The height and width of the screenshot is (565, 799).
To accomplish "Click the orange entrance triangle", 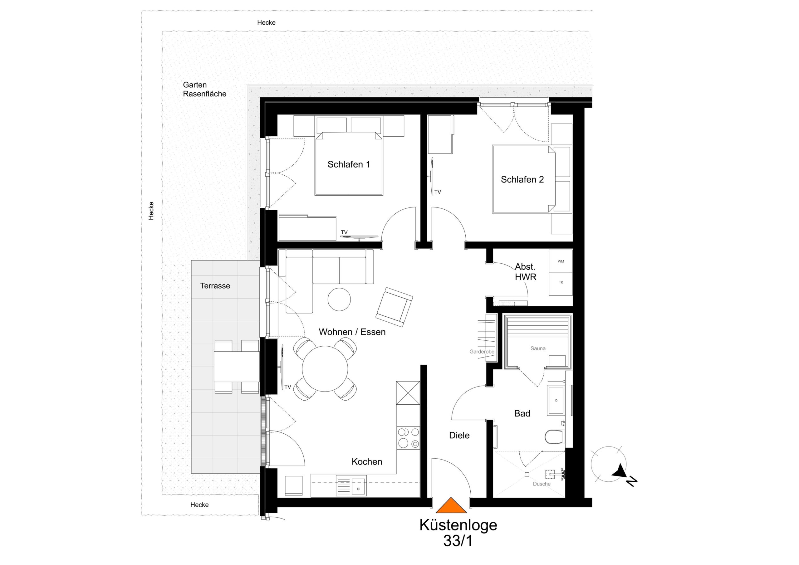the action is point(451,505).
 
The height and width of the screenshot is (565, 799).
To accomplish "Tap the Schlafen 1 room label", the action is point(349,164).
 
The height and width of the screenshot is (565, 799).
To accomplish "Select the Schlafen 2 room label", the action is point(522,179).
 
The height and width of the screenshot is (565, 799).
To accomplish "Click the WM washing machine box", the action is point(561,261).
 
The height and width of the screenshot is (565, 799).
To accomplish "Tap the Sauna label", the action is point(538,348).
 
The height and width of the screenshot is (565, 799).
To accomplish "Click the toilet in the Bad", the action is point(555,437).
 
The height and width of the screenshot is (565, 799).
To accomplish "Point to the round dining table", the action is point(325,369).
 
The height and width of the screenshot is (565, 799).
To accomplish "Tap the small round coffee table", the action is point(339,299).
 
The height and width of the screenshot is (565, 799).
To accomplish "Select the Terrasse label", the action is point(215,286).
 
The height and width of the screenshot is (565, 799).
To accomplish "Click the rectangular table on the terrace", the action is point(237,367).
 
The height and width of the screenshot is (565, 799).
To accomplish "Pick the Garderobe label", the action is point(482,352).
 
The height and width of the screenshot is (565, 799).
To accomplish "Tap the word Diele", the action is point(459,435).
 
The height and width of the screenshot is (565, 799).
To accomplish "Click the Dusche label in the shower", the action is point(542,484).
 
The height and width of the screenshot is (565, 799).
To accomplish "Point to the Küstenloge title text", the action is point(458,525).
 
